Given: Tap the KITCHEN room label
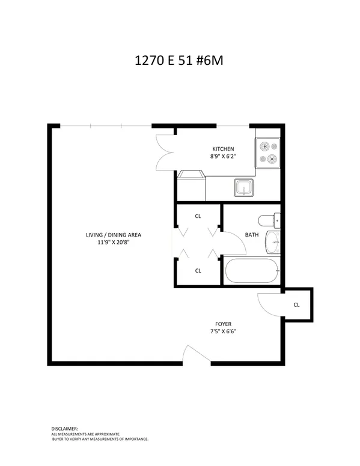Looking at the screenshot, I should click(x=223, y=149).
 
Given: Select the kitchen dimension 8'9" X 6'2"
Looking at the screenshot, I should click(x=223, y=157).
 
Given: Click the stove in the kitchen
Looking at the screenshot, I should click(x=267, y=153).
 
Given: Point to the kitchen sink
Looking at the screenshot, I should click(x=244, y=189).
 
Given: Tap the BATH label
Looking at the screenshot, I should click(x=252, y=235).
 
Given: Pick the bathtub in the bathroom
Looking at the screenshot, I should click(x=251, y=271).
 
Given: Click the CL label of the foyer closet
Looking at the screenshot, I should click(x=296, y=305).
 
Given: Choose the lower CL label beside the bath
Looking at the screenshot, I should click(x=198, y=270).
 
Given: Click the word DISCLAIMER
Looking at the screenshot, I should click(x=64, y=428).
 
